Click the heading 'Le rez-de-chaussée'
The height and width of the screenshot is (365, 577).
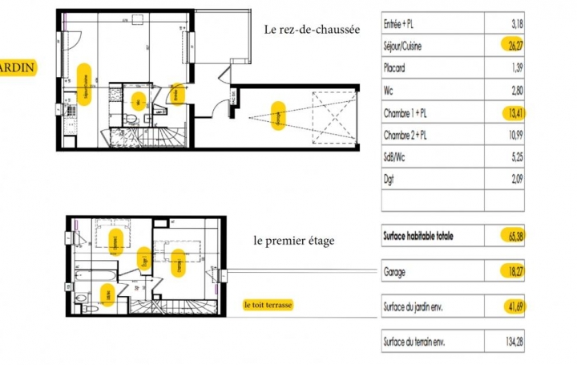[312, 30]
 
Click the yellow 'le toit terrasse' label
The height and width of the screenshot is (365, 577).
[269, 306]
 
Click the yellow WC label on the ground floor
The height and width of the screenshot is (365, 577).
[138, 101]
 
